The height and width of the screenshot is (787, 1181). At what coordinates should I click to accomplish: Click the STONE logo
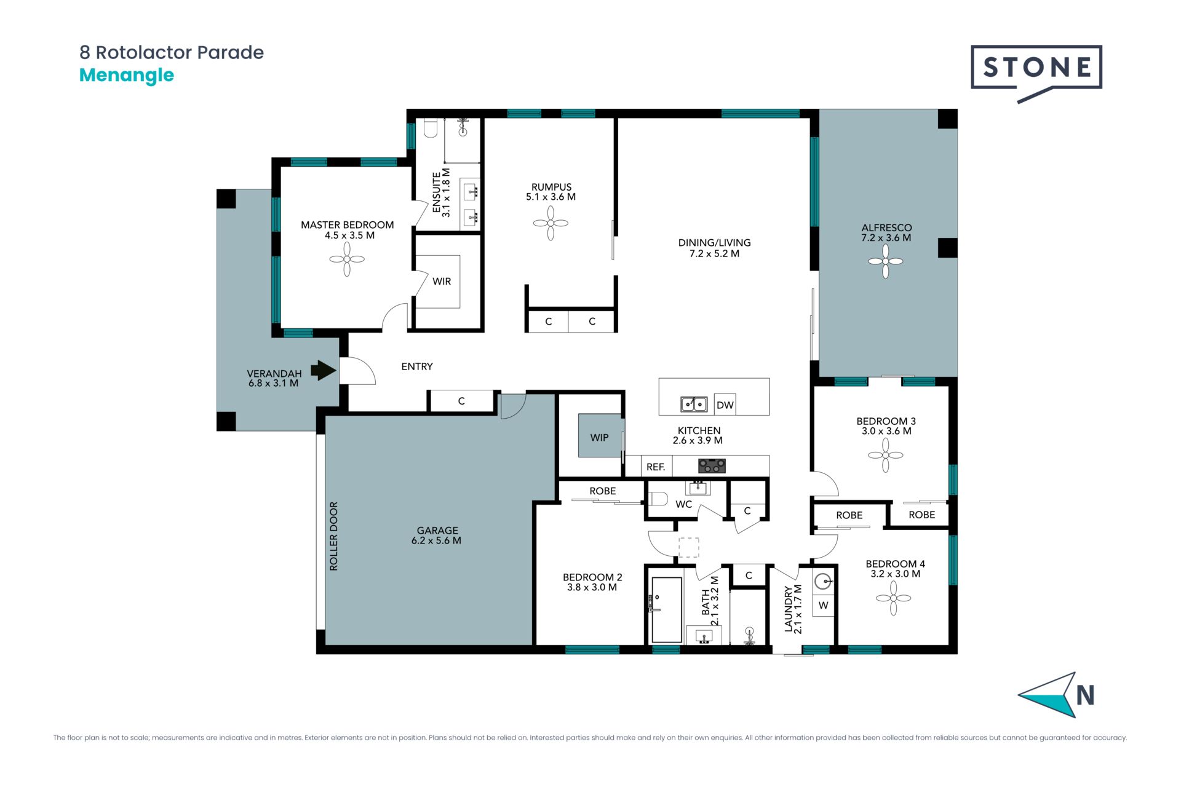(1036, 71)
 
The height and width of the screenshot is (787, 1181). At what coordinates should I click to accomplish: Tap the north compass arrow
(1048, 695)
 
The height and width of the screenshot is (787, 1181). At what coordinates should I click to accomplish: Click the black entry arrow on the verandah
(324, 370)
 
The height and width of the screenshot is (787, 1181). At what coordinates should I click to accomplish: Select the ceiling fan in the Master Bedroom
(347, 259)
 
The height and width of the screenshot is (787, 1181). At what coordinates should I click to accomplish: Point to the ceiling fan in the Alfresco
(886, 261)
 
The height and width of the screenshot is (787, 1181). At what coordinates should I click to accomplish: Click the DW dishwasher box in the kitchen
(725, 405)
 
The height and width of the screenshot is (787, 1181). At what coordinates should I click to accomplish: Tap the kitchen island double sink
(693, 404)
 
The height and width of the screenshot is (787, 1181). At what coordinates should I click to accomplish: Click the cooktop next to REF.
(712, 466)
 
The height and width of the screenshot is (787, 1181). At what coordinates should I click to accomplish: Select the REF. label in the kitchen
(656, 467)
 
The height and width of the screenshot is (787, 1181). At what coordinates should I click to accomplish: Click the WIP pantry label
(599, 438)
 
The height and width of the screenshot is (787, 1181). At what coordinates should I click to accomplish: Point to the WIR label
(442, 282)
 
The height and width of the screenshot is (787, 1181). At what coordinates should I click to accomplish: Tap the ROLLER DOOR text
(334, 536)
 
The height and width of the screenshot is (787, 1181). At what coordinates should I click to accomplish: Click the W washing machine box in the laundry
(823, 605)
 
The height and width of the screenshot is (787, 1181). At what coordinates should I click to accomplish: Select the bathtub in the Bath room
(667, 610)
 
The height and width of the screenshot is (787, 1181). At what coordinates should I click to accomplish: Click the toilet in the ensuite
(431, 129)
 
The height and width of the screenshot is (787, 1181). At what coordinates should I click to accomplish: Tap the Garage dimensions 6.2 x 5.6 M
(436, 541)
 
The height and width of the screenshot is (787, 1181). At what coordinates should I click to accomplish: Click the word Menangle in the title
(127, 76)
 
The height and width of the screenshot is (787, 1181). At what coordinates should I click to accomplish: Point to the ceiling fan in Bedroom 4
(893, 598)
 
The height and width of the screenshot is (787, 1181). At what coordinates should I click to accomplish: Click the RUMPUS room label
(551, 187)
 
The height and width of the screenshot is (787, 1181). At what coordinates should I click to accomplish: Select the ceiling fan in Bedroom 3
(886, 456)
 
